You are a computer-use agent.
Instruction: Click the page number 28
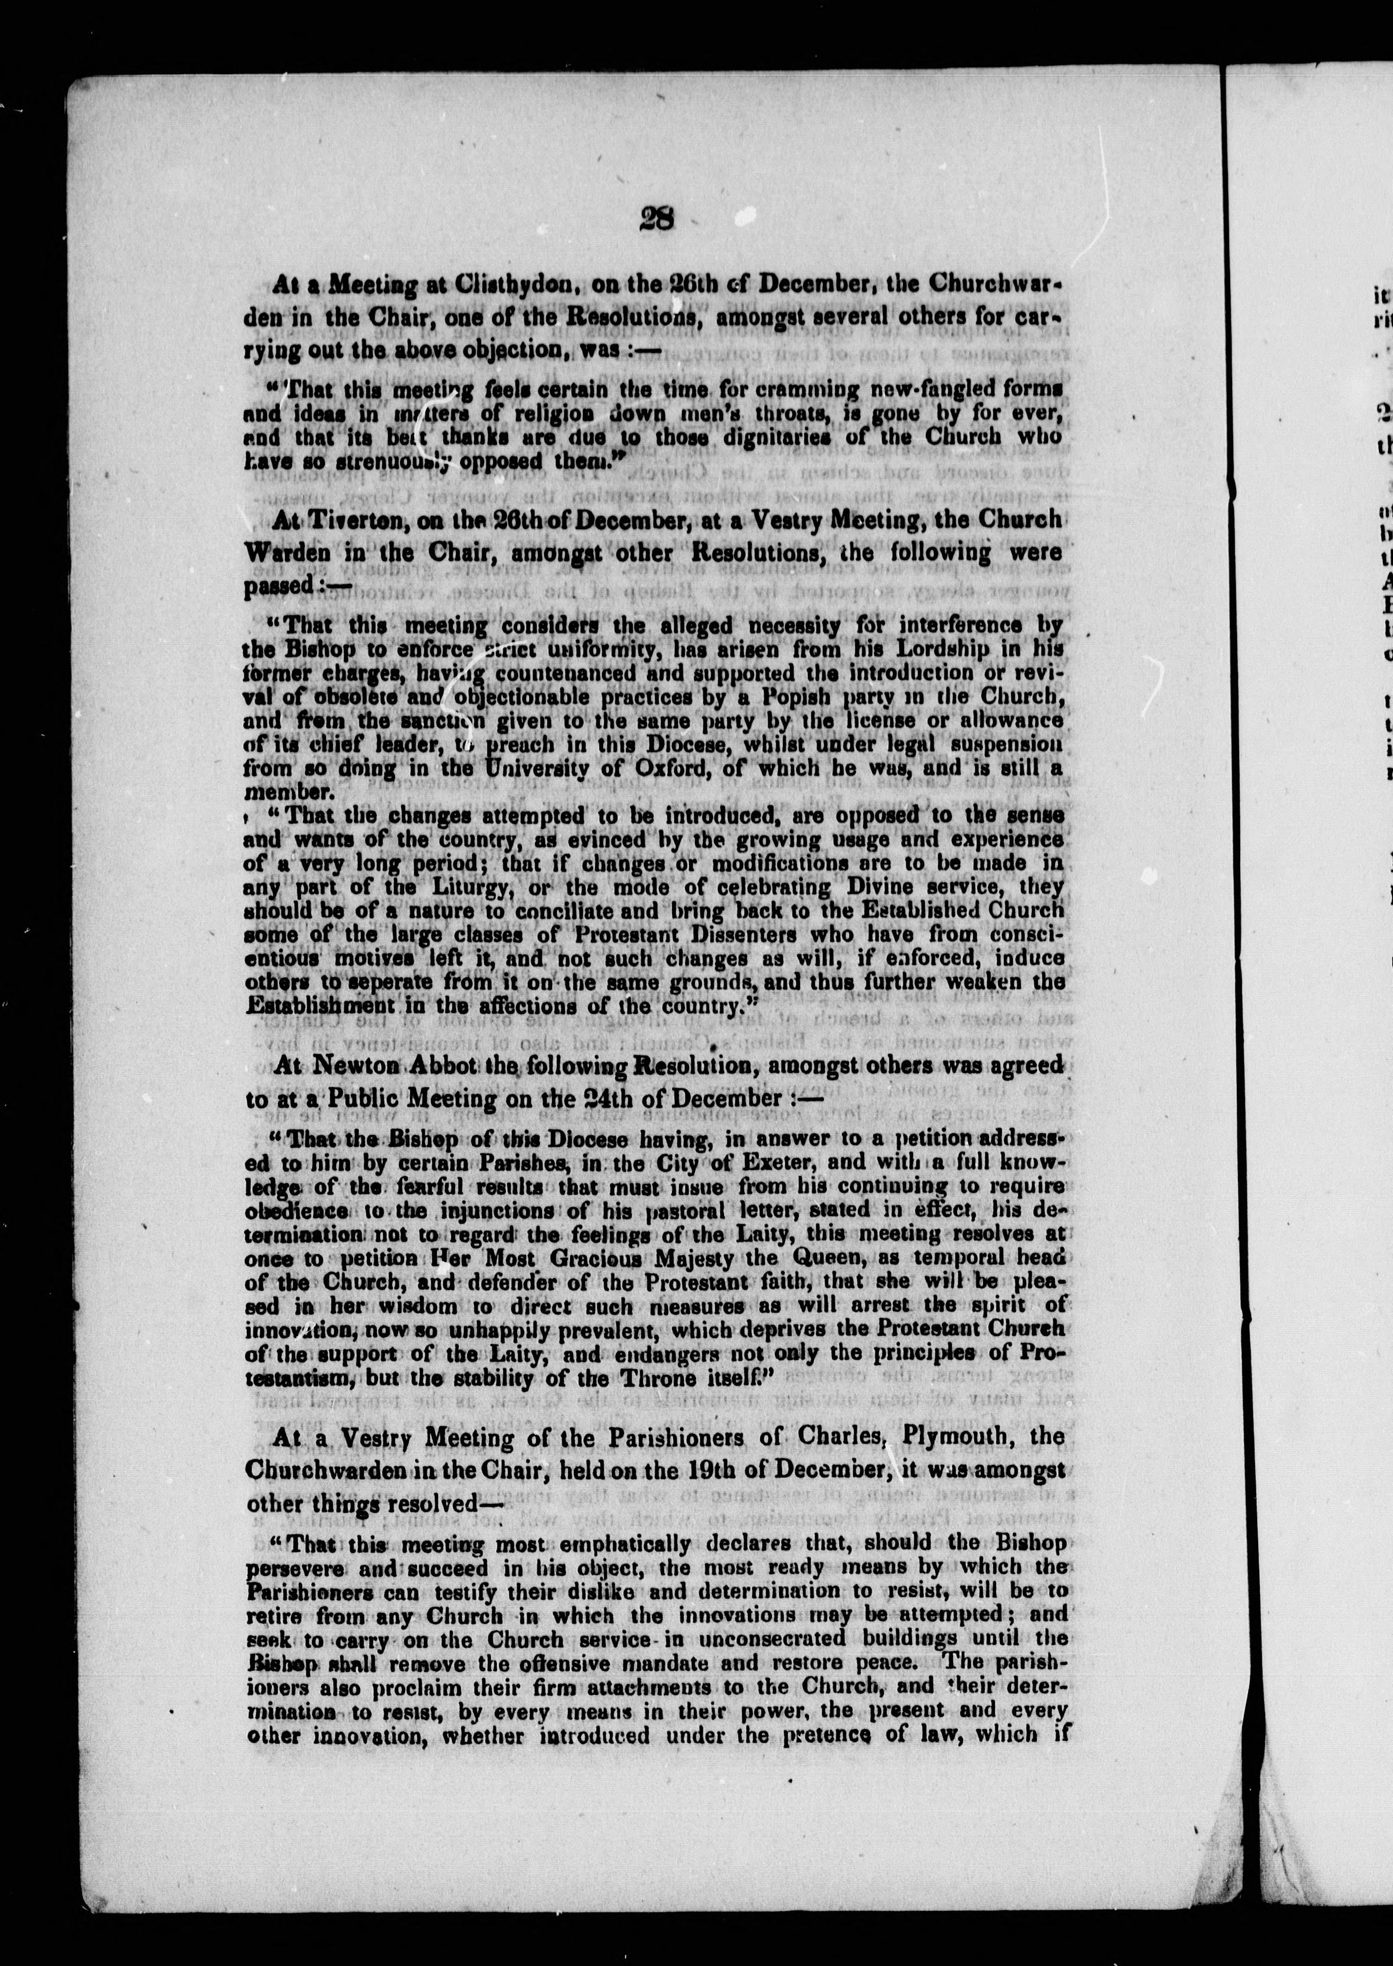[657, 220]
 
